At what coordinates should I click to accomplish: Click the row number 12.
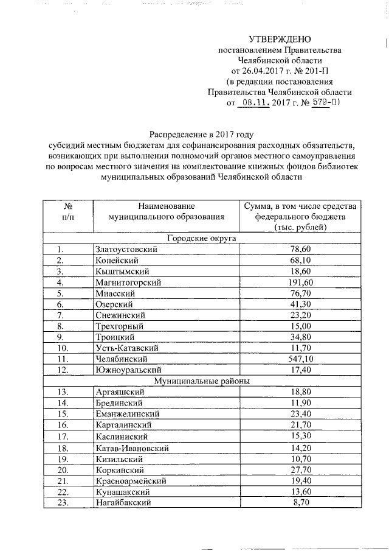click(61, 370)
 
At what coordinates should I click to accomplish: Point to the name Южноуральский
click(126, 370)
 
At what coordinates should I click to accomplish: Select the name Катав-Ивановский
click(133, 448)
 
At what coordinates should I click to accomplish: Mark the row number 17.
click(61, 436)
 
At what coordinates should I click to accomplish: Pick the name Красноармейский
click(131, 481)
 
